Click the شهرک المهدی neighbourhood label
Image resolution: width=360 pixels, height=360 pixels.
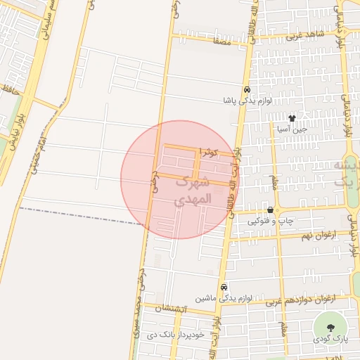(191, 191)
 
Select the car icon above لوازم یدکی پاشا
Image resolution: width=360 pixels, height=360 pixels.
(247, 91)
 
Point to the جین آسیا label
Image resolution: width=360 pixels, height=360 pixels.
(291, 129)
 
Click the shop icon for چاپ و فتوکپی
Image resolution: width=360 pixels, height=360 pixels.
(271, 210)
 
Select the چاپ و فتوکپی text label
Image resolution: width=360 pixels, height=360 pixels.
(267, 221)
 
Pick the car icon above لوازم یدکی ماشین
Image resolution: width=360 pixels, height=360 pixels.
(224, 287)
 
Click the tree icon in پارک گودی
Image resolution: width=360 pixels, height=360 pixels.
(331, 328)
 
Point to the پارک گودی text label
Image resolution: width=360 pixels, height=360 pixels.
(331, 340)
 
